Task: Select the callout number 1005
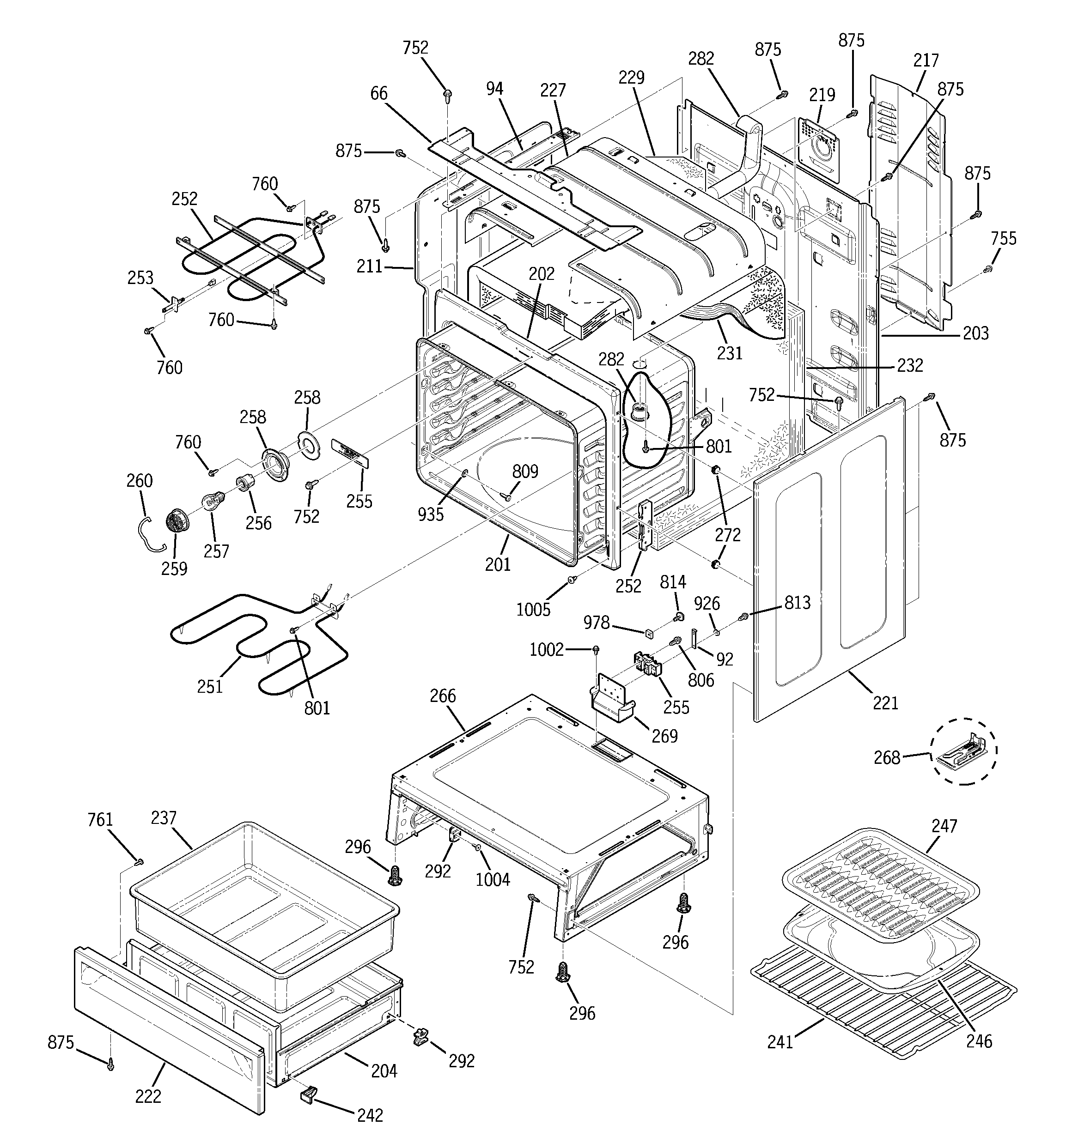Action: pyautogui.click(x=533, y=610)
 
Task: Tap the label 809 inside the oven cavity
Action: pyautogui.click(x=525, y=472)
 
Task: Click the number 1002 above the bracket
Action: pyautogui.click(x=547, y=650)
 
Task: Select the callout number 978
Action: pyautogui.click(x=596, y=623)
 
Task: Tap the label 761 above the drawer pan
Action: pyautogui.click(x=100, y=819)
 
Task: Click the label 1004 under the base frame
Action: pyautogui.click(x=493, y=880)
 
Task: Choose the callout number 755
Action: pyautogui.click(x=1004, y=239)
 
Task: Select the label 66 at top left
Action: pyautogui.click(x=378, y=93)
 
